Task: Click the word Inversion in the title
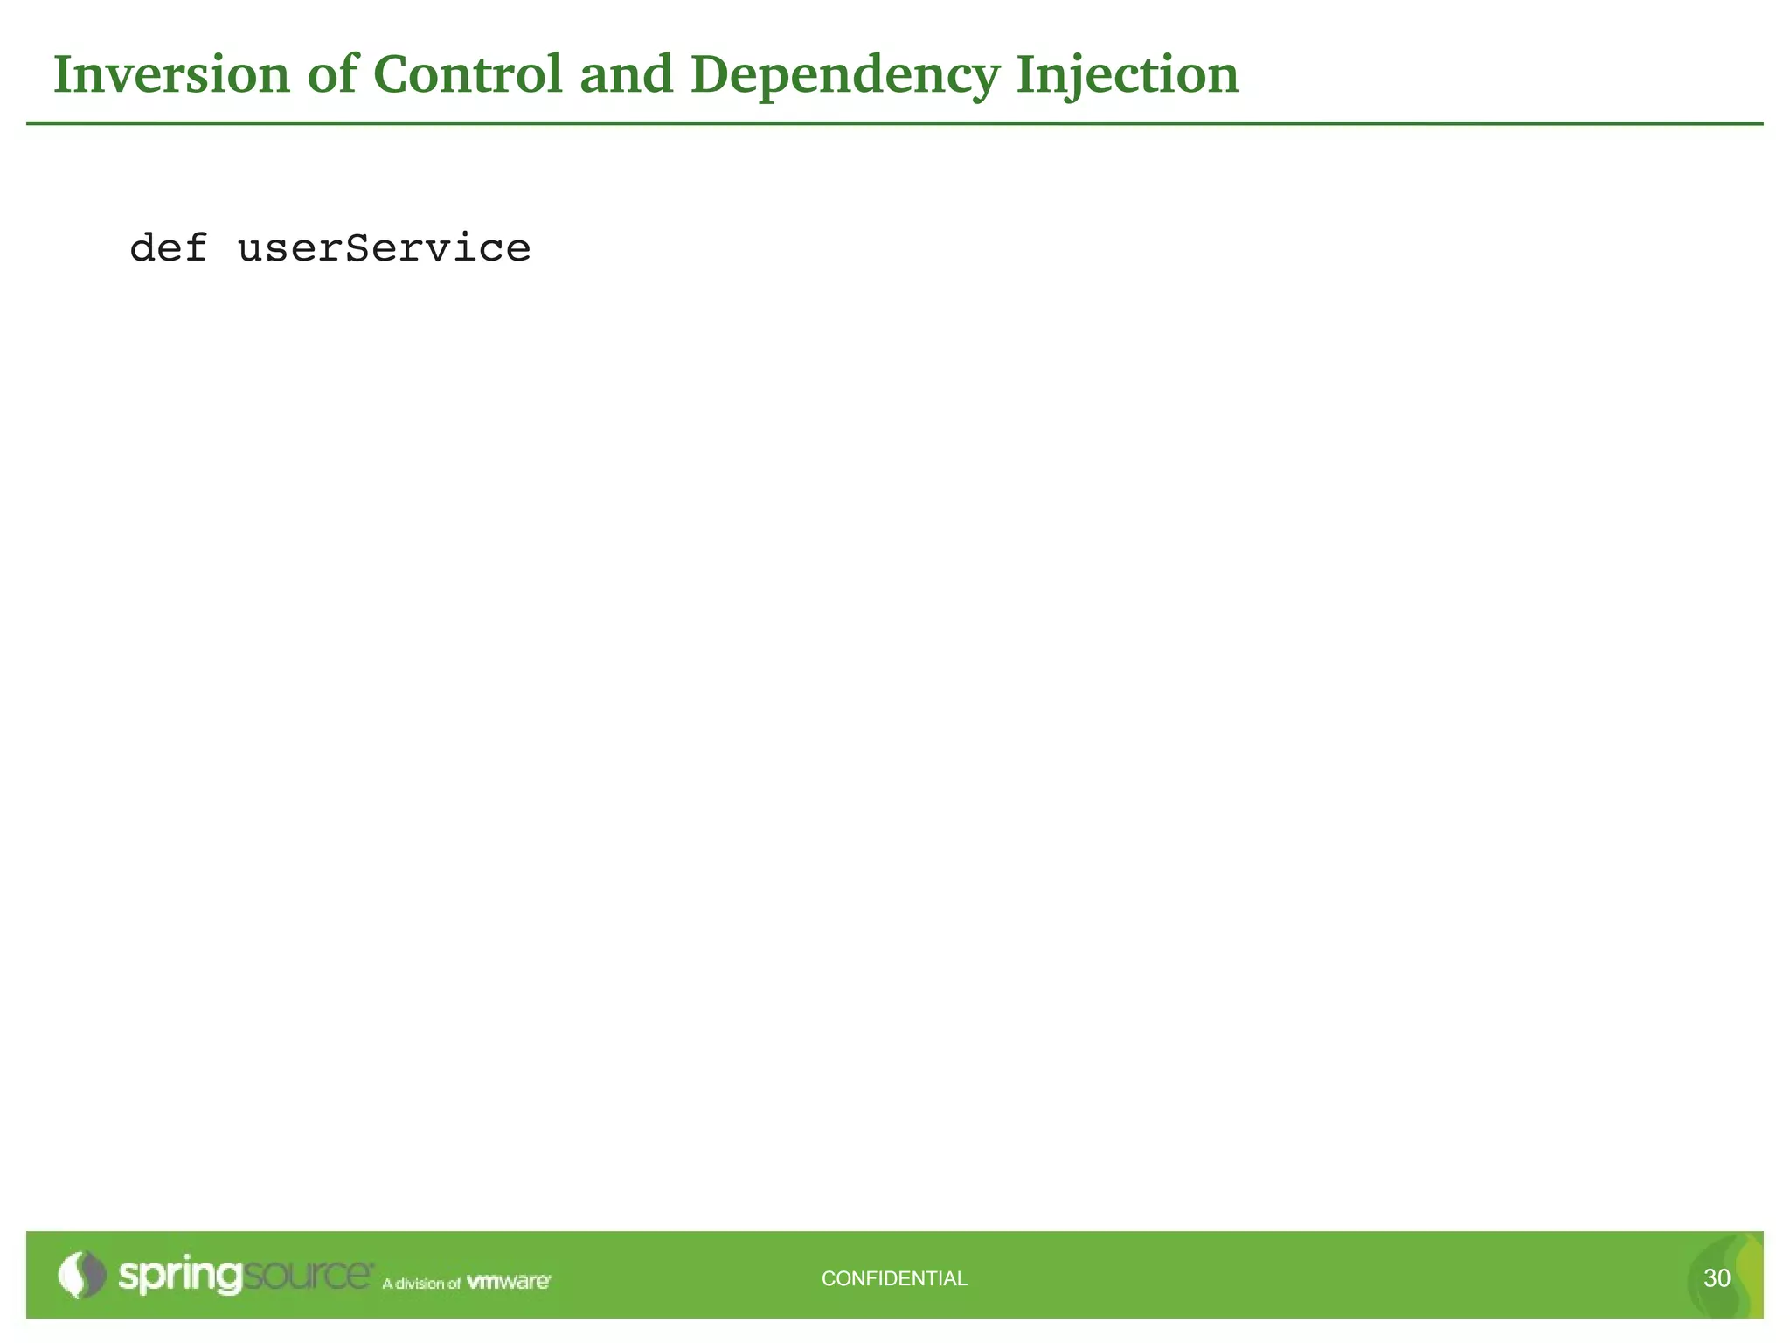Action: [x=171, y=74]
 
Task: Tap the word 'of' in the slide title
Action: [x=332, y=74]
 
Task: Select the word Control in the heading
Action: [x=468, y=74]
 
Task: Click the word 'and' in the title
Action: [x=626, y=74]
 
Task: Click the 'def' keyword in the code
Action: [x=168, y=248]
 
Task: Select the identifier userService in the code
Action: [x=384, y=248]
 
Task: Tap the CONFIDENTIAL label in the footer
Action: [x=894, y=1278]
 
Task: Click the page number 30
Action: [x=1717, y=1278]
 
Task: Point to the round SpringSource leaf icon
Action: [x=81, y=1275]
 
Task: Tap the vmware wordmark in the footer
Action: [x=509, y=1282]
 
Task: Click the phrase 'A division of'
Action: [x=421, y=1284]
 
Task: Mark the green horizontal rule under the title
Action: [x=894, y=124]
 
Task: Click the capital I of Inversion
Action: [x=64, y=74]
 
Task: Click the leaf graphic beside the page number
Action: [x=1744, y=1277]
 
